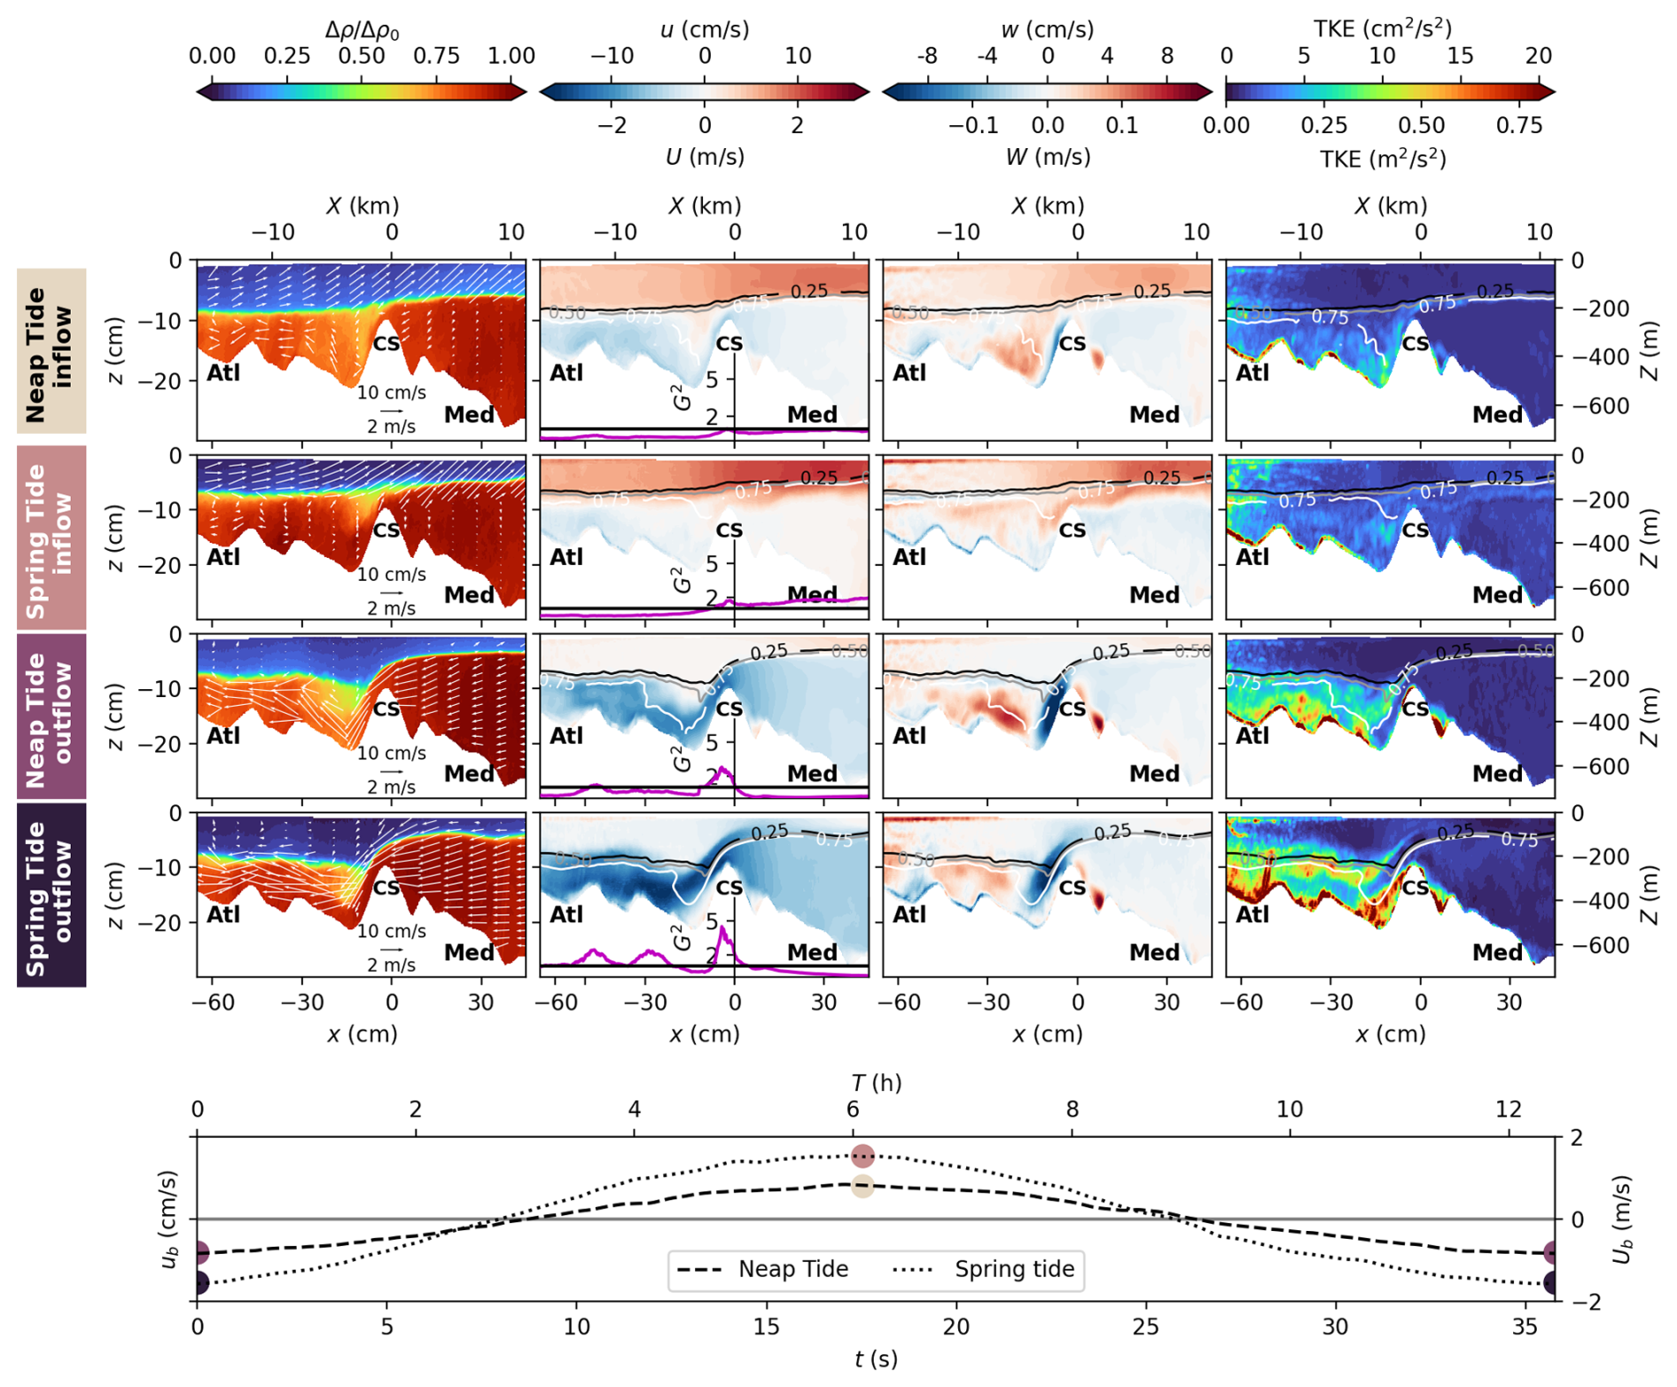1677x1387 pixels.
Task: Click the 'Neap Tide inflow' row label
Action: [51, 351]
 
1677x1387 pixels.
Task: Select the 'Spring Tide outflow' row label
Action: [51, 895]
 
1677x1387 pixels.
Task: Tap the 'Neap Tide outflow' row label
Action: [51, 717]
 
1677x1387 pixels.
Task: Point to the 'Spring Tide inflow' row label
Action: [51, 537]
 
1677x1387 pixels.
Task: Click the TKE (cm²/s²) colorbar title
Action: [1382, 28]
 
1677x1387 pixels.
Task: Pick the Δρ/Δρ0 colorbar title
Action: [362, 30]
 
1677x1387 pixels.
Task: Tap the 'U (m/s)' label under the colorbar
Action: [705, 157]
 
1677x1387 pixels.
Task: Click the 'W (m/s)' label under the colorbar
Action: [1048, 157]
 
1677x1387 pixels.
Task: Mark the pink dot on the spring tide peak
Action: [862, 1156]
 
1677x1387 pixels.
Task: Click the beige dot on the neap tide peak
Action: [862, 1186]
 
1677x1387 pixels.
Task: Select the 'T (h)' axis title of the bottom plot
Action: [876, 1083]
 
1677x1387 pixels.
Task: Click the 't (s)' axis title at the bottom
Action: [876, 1360]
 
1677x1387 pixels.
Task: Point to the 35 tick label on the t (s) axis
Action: [1525, 1327]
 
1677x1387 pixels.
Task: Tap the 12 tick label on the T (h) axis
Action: [1509, 1109]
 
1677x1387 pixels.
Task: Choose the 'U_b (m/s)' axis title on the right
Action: [1621, 1219]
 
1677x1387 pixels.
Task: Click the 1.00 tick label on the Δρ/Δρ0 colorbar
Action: [511, 56]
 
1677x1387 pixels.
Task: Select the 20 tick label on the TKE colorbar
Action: [1539, 56]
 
